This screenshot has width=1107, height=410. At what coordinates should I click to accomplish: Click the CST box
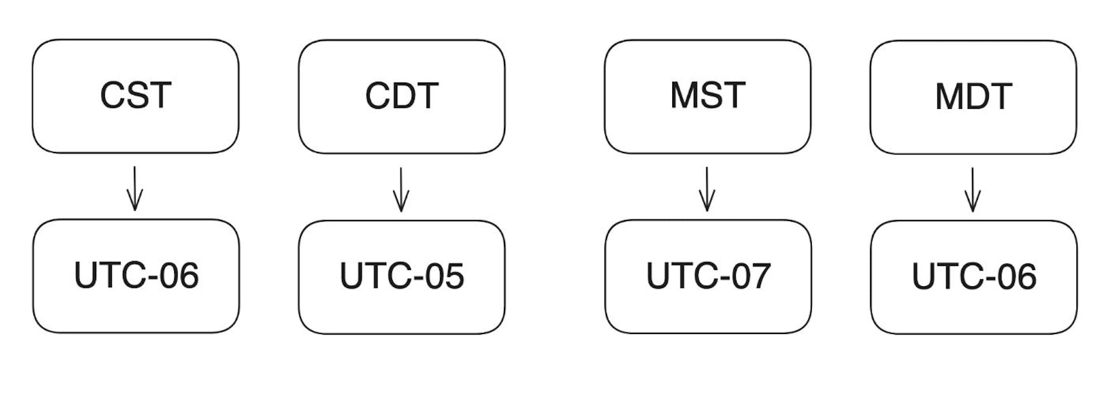pyautogui.click(x=135, y=96)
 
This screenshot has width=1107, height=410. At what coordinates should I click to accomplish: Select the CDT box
pyautogui.click(x=401, y=96)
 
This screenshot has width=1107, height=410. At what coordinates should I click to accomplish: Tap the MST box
pyautogui.click(x=707, y=96)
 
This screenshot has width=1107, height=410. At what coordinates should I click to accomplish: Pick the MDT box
pyautogui.click(x=973, y=97)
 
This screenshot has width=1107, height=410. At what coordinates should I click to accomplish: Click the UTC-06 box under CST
pyautogui.click(x=135, y=276)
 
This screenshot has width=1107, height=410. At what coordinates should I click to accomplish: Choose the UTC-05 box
pyautogui.click(x=401, y=276)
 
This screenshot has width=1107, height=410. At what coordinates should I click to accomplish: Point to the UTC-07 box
pyautogui.click(x=708, y=276)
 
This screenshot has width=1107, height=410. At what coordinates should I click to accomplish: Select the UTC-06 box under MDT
pyautogui.click(x=974, y=277)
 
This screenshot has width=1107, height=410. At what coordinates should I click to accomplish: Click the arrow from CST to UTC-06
pyautogui.click(x=134, y=189)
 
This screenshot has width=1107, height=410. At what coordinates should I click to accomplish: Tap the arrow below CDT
pyautogui.click(x=401, y=189)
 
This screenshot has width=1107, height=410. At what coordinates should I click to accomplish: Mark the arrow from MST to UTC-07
pyautogui.click(x=707, y=189)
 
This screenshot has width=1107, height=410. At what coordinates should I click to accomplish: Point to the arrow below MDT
pyautogui.click(x=973, y=190)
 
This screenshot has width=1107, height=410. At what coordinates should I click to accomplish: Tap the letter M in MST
pyautogui.click(x=683, y=95)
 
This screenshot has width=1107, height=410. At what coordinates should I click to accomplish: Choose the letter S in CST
pyautogui.click(x=137, y=96)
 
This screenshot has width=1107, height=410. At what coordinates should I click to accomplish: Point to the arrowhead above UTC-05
pyautogui.click(x=401, y=204)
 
